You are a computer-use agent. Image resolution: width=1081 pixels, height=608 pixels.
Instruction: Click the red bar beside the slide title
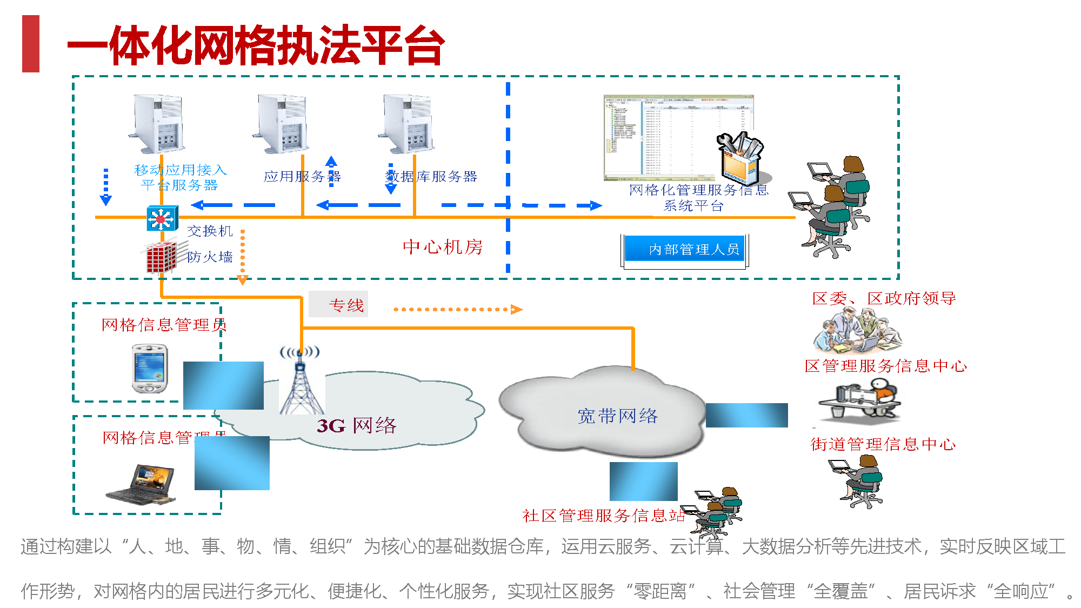click(31, 44)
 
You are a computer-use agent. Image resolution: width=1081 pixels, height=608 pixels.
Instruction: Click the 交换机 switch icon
click(162, 219)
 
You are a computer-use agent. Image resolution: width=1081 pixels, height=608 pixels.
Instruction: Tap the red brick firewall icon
click(161, 257)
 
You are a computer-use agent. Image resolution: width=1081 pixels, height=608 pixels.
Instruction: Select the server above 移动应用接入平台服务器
click(158, 124)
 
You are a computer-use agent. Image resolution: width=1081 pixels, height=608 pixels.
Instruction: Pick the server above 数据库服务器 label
click(409, 124)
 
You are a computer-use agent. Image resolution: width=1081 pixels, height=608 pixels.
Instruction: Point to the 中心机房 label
click(443, 247)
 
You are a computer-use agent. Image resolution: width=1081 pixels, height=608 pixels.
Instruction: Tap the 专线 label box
click(338, 304)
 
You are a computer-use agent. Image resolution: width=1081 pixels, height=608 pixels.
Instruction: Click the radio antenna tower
click(301, 381)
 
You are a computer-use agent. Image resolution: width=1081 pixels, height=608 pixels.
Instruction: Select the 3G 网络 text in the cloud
click(357, 425)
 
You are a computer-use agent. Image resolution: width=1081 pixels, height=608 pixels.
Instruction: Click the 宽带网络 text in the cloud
click(617, 416)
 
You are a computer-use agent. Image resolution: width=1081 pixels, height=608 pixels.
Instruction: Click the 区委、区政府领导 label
click(884, 298)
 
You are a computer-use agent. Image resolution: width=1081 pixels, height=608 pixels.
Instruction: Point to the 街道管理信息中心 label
click(883, 444)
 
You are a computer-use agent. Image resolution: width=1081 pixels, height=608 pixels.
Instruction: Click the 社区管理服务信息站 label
click(603, 515)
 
